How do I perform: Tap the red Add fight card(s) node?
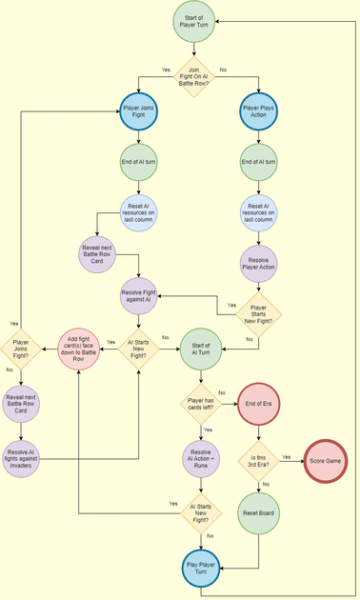[81, 349]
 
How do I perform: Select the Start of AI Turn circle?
[199, 349]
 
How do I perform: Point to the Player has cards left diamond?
[199, 404]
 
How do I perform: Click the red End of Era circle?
[258, 403]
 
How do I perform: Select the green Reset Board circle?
[258, 512]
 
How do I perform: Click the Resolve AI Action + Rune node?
[199, 459]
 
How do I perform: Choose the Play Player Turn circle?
[199, 570]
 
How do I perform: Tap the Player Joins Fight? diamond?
[22, 349]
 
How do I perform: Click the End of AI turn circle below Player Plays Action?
[258, 163]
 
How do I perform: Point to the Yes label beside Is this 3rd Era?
[287, 456]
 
